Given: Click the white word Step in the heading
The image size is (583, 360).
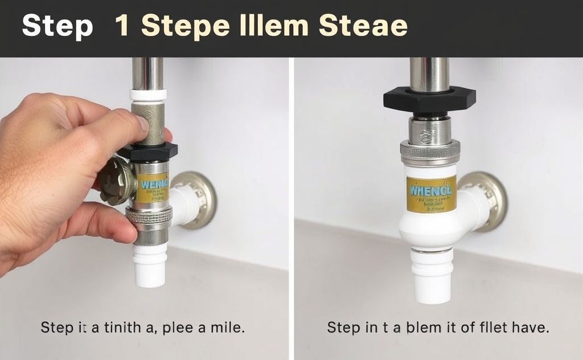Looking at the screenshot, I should pos(57,27).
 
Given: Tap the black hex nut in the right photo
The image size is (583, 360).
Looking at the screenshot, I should pos(429,100).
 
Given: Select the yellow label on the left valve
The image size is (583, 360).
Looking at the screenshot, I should pos(153,189).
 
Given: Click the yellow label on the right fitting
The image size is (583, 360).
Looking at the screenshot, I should pos(431,194).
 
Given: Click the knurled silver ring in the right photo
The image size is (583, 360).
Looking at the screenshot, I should pos(430,152).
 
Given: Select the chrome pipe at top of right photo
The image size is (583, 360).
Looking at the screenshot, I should pos(428,73).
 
